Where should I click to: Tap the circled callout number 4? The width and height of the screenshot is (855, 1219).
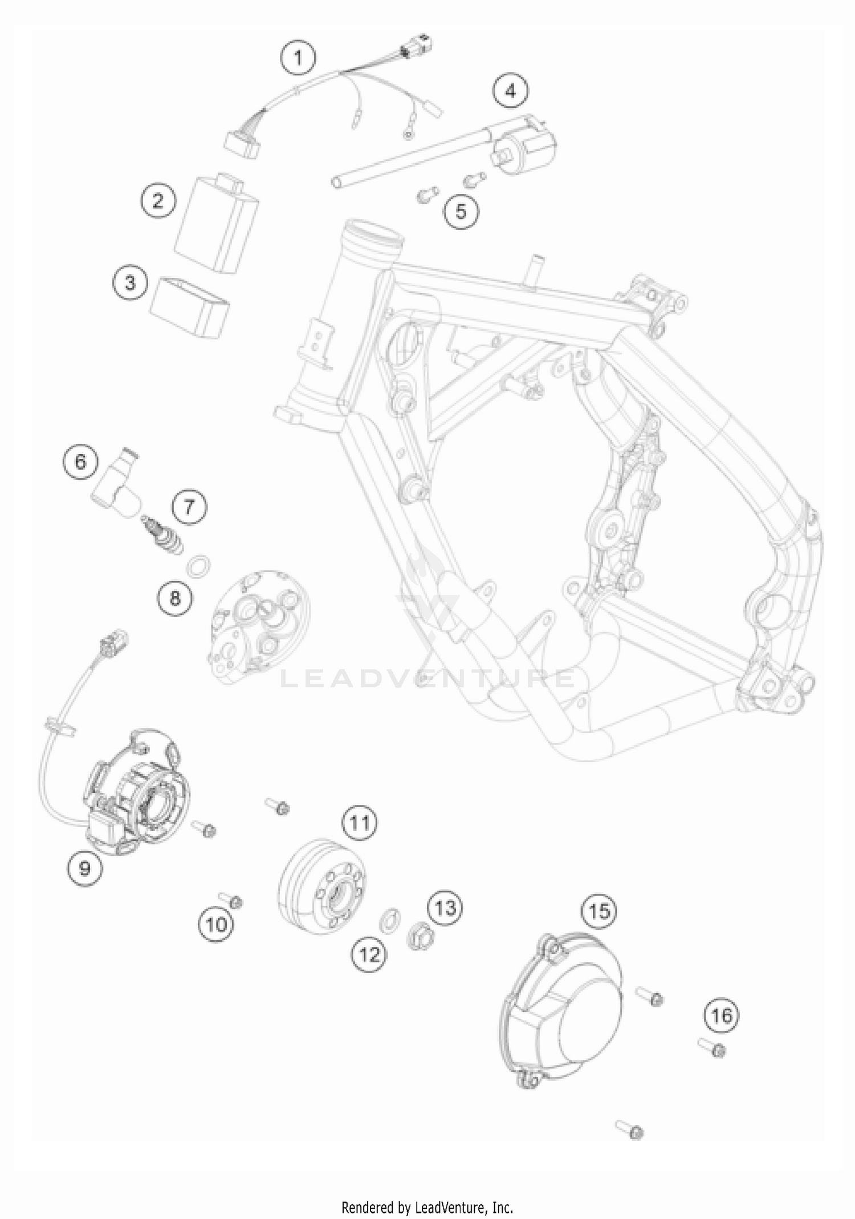[x=510, y=91]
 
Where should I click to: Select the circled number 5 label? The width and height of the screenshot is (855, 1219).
[x=461, y=212]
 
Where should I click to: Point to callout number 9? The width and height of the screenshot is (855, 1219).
[x=84, y=868]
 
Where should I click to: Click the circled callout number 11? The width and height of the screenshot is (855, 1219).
[x=360, y=823]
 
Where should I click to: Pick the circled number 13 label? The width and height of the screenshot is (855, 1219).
[x=445, y=907]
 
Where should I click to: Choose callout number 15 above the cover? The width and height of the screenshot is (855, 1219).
[x=599, y=912]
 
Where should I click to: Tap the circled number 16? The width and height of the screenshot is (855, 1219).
[x=722, y=1015]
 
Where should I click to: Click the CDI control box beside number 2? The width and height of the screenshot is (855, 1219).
[x=215, y=224]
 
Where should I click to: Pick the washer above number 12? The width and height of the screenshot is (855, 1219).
[x=389, y=918]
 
